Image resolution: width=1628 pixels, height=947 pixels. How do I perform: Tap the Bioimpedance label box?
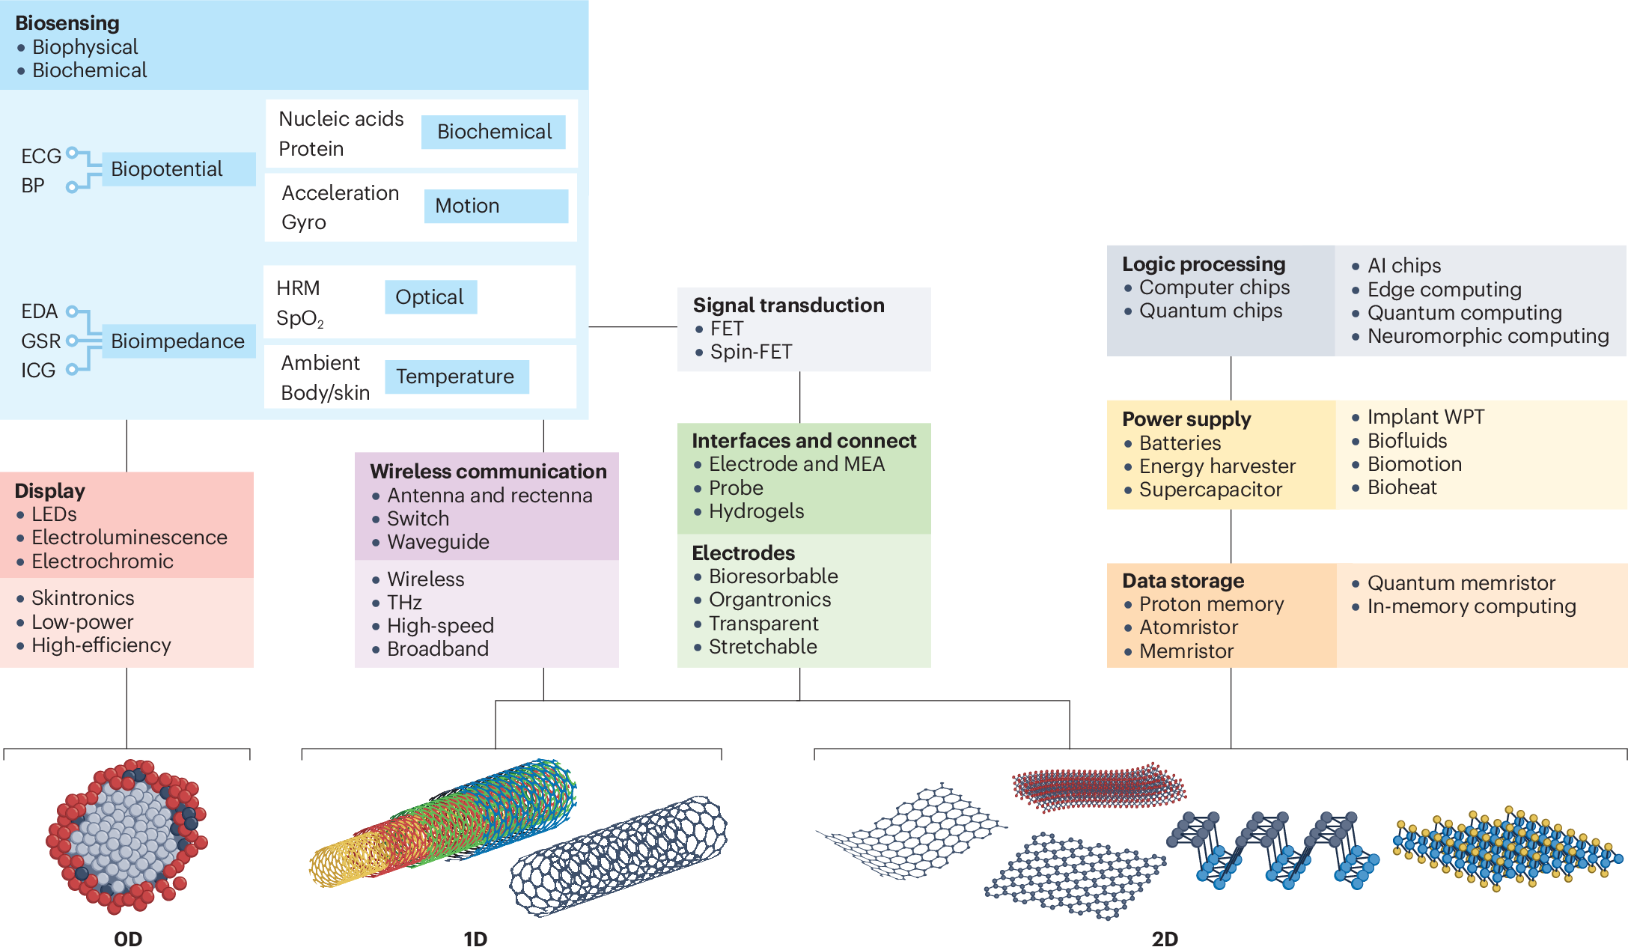177,341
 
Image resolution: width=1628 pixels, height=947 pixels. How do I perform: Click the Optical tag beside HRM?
430,297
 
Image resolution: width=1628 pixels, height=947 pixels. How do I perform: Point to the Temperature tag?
456,377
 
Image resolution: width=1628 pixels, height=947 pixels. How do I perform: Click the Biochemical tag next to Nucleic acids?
493,132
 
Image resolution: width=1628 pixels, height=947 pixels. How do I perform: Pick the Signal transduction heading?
788,305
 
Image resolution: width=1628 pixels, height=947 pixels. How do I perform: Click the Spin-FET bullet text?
751,352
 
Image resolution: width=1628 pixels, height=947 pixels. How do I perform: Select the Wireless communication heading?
488,472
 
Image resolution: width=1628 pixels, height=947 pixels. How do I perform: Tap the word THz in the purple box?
404,603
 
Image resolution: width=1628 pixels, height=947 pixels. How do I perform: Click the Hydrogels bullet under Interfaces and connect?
756,511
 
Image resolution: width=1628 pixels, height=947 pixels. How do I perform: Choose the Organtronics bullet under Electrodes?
769,600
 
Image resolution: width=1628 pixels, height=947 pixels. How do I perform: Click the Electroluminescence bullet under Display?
129,538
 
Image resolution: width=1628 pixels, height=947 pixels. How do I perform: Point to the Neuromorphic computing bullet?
1487,336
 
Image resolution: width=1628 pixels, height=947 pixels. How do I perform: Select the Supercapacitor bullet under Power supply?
1210,490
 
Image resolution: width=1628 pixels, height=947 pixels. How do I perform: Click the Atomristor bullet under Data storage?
1188,627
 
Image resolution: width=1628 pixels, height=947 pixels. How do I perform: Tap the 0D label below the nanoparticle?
128,938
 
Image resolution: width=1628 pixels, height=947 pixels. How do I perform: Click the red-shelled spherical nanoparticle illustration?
127,836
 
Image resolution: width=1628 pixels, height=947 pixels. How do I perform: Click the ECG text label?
40,156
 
